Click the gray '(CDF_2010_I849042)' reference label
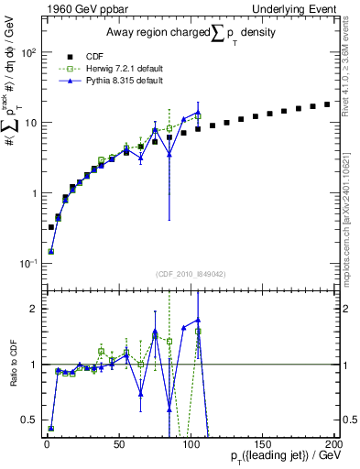191,272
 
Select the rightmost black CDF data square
326,104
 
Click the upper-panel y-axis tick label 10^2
27,51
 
